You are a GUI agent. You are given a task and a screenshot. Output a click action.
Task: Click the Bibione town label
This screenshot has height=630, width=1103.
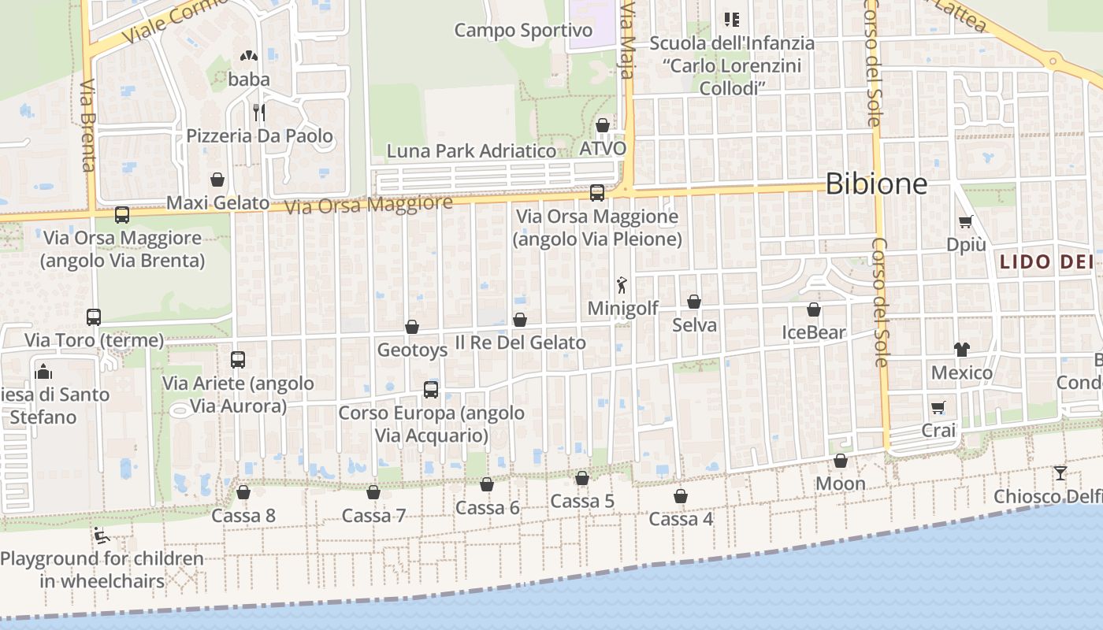point(876,184)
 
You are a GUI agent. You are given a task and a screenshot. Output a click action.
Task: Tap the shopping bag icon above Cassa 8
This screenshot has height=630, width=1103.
point(243,492)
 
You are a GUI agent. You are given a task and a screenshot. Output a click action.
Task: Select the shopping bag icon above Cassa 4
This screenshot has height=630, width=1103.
point(681,496)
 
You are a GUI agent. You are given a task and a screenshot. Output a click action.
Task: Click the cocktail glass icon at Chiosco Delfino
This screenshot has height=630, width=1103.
point(1060,472)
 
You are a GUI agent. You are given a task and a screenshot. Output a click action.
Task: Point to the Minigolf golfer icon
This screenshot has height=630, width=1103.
point(622,285)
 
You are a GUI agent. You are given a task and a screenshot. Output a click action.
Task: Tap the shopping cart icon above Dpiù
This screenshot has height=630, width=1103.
point(966,222)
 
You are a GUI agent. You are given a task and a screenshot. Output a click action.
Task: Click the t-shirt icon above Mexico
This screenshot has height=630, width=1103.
point(961,349)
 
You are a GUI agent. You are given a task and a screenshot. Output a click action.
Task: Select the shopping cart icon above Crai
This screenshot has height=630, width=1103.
point(938,407)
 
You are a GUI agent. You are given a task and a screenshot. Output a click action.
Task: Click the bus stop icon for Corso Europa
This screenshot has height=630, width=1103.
point(431,389)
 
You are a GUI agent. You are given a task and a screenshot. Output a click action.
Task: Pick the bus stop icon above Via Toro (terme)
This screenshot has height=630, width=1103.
point(94,317)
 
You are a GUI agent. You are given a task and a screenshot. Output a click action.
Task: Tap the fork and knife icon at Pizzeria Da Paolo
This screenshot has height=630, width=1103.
point(258,113)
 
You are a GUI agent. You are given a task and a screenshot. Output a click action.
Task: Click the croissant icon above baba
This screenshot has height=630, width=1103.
point(249,57)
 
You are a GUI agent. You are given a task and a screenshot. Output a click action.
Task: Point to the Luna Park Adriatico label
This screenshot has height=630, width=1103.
point(471,151)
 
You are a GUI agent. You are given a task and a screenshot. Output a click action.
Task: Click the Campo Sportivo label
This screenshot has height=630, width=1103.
point(523,31)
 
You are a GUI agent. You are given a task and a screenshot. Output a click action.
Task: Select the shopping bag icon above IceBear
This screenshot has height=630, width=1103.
point(814,309)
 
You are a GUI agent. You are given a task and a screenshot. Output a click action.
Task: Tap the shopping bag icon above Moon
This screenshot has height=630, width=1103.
point(841,461)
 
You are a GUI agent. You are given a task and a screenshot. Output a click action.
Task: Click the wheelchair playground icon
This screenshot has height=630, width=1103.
point(101,536)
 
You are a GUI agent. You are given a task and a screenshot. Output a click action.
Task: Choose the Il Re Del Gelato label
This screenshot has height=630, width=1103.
point(520,343)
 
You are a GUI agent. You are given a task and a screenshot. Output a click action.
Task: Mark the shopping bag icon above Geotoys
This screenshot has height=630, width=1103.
point(412,327)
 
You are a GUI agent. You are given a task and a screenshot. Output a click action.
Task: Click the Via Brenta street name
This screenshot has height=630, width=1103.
point(87,124)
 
